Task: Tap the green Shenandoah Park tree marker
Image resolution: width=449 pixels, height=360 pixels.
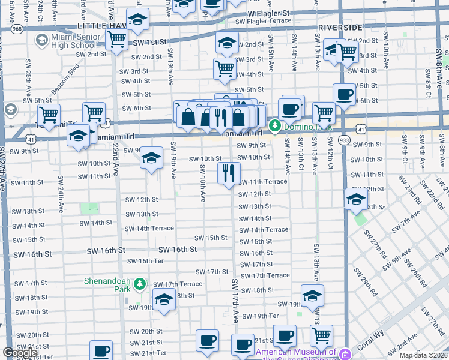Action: pos(140,283)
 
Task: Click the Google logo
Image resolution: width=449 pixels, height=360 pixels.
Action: pos(20,353)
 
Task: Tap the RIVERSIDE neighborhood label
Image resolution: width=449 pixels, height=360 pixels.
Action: pos(340,28)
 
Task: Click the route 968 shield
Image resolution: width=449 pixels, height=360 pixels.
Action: pos(16,28)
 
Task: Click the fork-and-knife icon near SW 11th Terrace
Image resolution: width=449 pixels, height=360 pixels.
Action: pos(229,173)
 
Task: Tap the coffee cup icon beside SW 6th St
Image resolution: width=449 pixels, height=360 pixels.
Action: pos(345,94)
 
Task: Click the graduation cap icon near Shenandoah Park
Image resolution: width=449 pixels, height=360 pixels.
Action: pos(163,298)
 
